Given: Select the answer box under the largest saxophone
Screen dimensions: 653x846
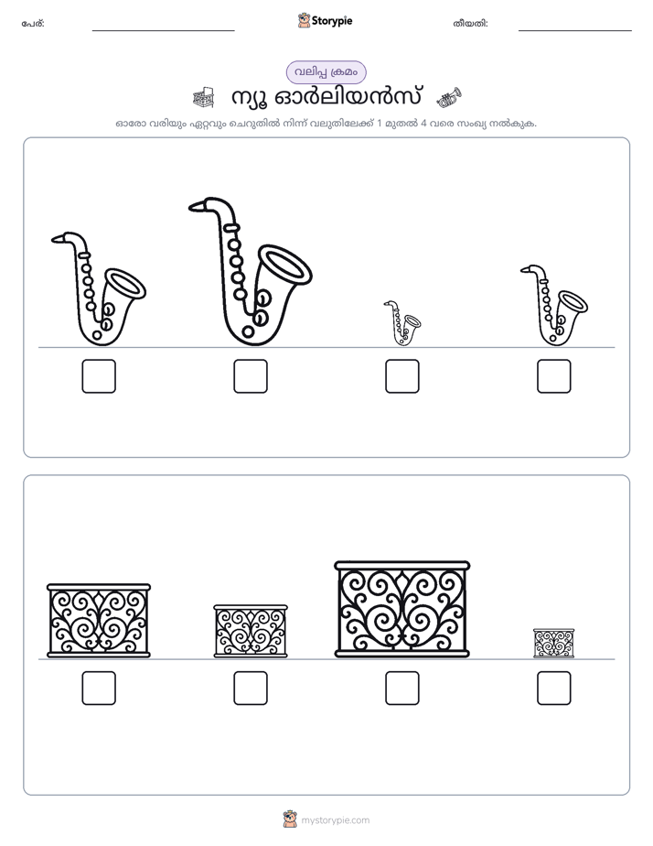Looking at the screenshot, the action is click(x=251, y=376).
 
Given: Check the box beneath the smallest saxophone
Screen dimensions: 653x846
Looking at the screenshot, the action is click(x=401, y=376).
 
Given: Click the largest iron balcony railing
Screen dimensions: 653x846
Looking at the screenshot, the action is click(x=401, y=609).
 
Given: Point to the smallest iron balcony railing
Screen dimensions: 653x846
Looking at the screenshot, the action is click(x=554, y=643).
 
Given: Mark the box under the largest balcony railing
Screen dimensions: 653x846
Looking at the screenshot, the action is click(x=401, y=688).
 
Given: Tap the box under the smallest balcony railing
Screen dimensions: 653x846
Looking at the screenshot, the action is click(x=554, y=688).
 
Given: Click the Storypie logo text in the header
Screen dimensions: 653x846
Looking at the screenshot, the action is click(x=332, y=21).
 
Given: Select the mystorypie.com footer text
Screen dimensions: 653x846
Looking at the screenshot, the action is click(x=335, y=820).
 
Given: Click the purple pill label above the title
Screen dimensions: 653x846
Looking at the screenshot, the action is click(x=326, y=72).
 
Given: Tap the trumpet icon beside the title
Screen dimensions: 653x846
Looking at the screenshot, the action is click(x=449, y=97).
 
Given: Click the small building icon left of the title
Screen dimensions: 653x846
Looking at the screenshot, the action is click(x=203, y=97).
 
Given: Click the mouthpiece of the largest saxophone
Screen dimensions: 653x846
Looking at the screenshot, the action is click(x=198, y=205).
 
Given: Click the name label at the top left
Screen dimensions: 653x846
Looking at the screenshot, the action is click(x=33, y=24).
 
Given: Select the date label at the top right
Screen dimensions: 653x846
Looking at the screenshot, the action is click(x=470, y=24).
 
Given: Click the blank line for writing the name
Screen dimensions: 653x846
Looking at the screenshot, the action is click(x=163, y=31).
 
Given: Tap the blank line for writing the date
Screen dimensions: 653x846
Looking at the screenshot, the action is click(x=575, y=31).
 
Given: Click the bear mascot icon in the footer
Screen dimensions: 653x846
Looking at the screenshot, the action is click(x=290, y=819).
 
